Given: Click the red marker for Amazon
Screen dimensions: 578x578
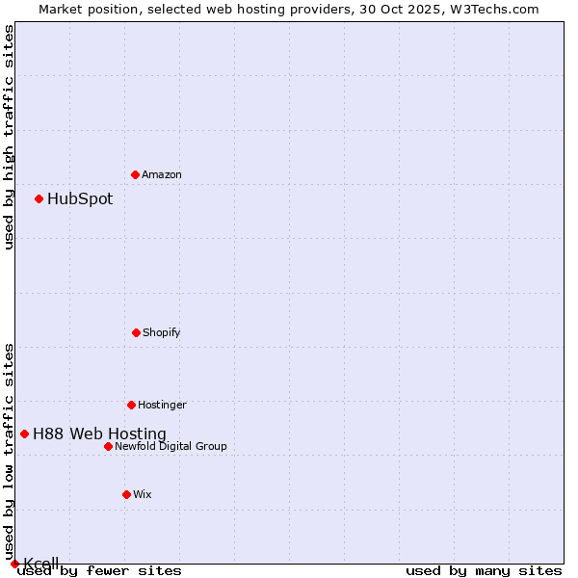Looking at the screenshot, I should [x=135, y=174].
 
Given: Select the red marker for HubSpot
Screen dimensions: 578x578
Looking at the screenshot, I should [x=39, y=198].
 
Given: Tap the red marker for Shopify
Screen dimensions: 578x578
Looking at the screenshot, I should [x=136, y=332].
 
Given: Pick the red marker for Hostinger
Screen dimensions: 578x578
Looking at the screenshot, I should [x=131, y=405].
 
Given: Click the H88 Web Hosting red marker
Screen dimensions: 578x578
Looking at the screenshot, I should [x=24, y=433].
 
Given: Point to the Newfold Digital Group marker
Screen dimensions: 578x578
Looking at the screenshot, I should [x=108, y=446].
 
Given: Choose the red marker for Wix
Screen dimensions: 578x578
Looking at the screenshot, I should [x=126, y=494].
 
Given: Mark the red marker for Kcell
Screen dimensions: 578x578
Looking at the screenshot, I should [x=14, y=564].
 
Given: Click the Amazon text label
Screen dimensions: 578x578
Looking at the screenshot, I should [x=162, y=174].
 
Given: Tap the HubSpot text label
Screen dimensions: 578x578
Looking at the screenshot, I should [x=80, y=199].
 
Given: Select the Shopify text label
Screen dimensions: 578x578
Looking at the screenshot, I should [x=162, y=332].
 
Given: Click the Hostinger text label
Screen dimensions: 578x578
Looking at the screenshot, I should [x=162, y=405].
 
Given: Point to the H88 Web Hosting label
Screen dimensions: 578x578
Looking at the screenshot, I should [x=99, y=434].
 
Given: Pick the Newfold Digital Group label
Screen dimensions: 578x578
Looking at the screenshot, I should [x=171, y=446].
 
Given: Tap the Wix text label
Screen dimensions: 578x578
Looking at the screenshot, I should [x=143, y=494].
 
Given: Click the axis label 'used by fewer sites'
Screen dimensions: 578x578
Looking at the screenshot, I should [x=99, y=570].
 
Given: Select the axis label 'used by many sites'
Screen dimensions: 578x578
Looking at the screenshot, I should [x=484, y=570].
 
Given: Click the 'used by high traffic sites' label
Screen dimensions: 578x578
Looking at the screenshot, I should [x=9, y=137].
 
